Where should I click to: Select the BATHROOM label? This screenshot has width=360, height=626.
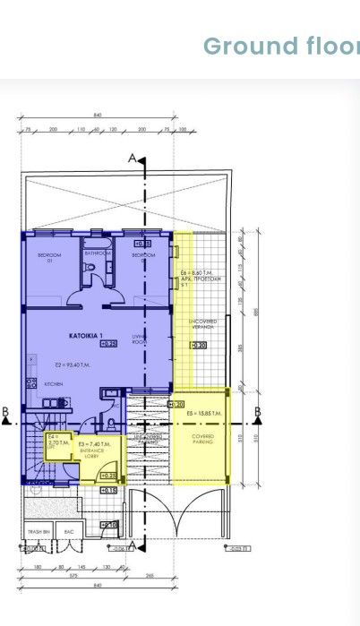coord(97,253)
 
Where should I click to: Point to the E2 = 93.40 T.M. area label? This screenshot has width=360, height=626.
coord(74,364)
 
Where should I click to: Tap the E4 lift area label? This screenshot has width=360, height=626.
coord(55,441)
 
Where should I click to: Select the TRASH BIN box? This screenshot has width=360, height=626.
coord(39,531)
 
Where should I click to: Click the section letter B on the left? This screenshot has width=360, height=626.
coord(6,412)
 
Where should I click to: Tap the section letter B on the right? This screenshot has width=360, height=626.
coord(257,412)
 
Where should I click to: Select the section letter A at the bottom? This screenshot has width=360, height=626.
coord(133,545)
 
